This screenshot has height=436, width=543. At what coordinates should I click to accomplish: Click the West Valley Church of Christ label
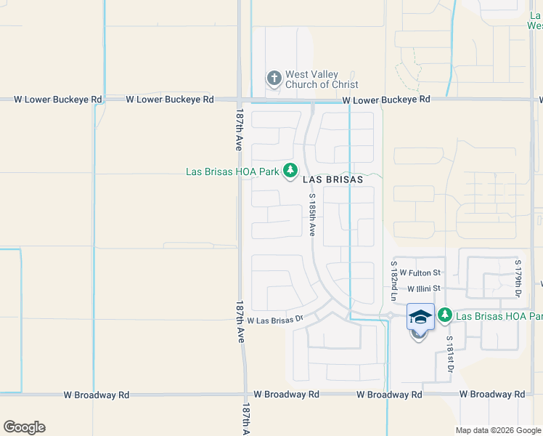coord(322,79)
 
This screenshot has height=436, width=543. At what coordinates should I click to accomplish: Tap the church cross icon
coord(274,78)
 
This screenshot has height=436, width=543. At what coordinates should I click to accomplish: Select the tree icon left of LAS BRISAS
coord(290,171)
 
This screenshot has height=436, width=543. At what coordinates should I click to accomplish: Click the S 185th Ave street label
coord(311,214)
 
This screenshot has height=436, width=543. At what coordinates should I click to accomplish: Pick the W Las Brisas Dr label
coord(274,320)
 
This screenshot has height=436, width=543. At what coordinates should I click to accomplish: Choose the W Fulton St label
coord(420,272)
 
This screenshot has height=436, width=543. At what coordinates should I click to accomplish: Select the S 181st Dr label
coord(449,355)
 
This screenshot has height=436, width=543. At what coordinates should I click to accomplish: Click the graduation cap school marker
coord(420,317)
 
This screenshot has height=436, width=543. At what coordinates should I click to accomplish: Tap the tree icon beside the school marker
coord(444,315)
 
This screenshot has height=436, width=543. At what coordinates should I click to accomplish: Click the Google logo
coord(24,427)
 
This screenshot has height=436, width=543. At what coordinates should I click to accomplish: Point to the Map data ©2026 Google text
coord(499,430)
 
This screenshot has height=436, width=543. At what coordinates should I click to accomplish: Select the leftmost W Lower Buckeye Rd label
coord(57,99)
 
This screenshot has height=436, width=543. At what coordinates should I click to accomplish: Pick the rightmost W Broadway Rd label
coord(492,395)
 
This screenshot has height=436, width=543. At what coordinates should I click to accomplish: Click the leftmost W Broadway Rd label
coord(96,395)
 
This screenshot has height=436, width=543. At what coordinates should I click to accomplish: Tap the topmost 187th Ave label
coord(238,132)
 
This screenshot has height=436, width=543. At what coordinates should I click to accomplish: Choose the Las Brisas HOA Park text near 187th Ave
coord(232,172)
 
